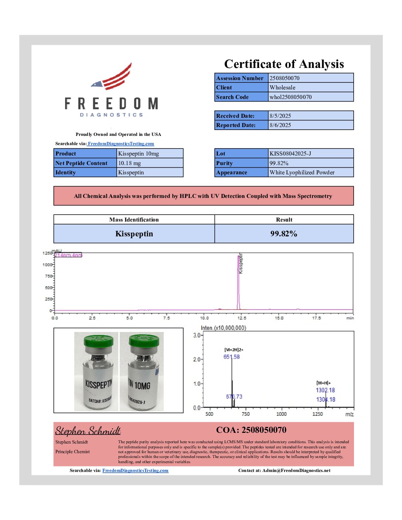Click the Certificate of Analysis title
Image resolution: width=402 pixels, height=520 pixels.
[284, 64]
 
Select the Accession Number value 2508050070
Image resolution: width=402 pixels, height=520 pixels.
[285, 78]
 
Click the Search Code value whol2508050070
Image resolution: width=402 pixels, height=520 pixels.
[290, 97]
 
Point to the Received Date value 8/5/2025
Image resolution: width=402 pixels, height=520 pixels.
[280, 116]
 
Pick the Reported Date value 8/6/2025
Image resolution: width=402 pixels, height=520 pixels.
[280, 125]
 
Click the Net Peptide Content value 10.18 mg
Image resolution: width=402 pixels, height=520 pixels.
[129, 163]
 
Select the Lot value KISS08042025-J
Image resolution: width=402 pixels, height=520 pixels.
[290, 153]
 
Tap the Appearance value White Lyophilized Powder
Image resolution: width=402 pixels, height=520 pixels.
[302, 172]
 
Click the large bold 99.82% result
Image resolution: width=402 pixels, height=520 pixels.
[283, 233]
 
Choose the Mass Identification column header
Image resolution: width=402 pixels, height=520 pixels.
[134, 219]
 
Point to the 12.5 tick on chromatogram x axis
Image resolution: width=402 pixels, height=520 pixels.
[242, 318]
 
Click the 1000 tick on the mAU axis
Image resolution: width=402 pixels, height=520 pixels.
[47, 264]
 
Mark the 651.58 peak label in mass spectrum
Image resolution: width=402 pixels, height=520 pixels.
[231, 357]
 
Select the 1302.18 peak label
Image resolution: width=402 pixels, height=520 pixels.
[325, 390]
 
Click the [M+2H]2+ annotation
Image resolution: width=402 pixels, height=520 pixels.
[234, 349]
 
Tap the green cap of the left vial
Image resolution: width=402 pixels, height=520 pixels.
[98, 342]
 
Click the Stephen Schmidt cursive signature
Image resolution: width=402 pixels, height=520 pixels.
[88, 431]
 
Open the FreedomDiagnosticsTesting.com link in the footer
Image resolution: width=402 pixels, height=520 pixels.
[135, 470]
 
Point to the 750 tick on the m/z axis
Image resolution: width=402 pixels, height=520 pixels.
[246, 414]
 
